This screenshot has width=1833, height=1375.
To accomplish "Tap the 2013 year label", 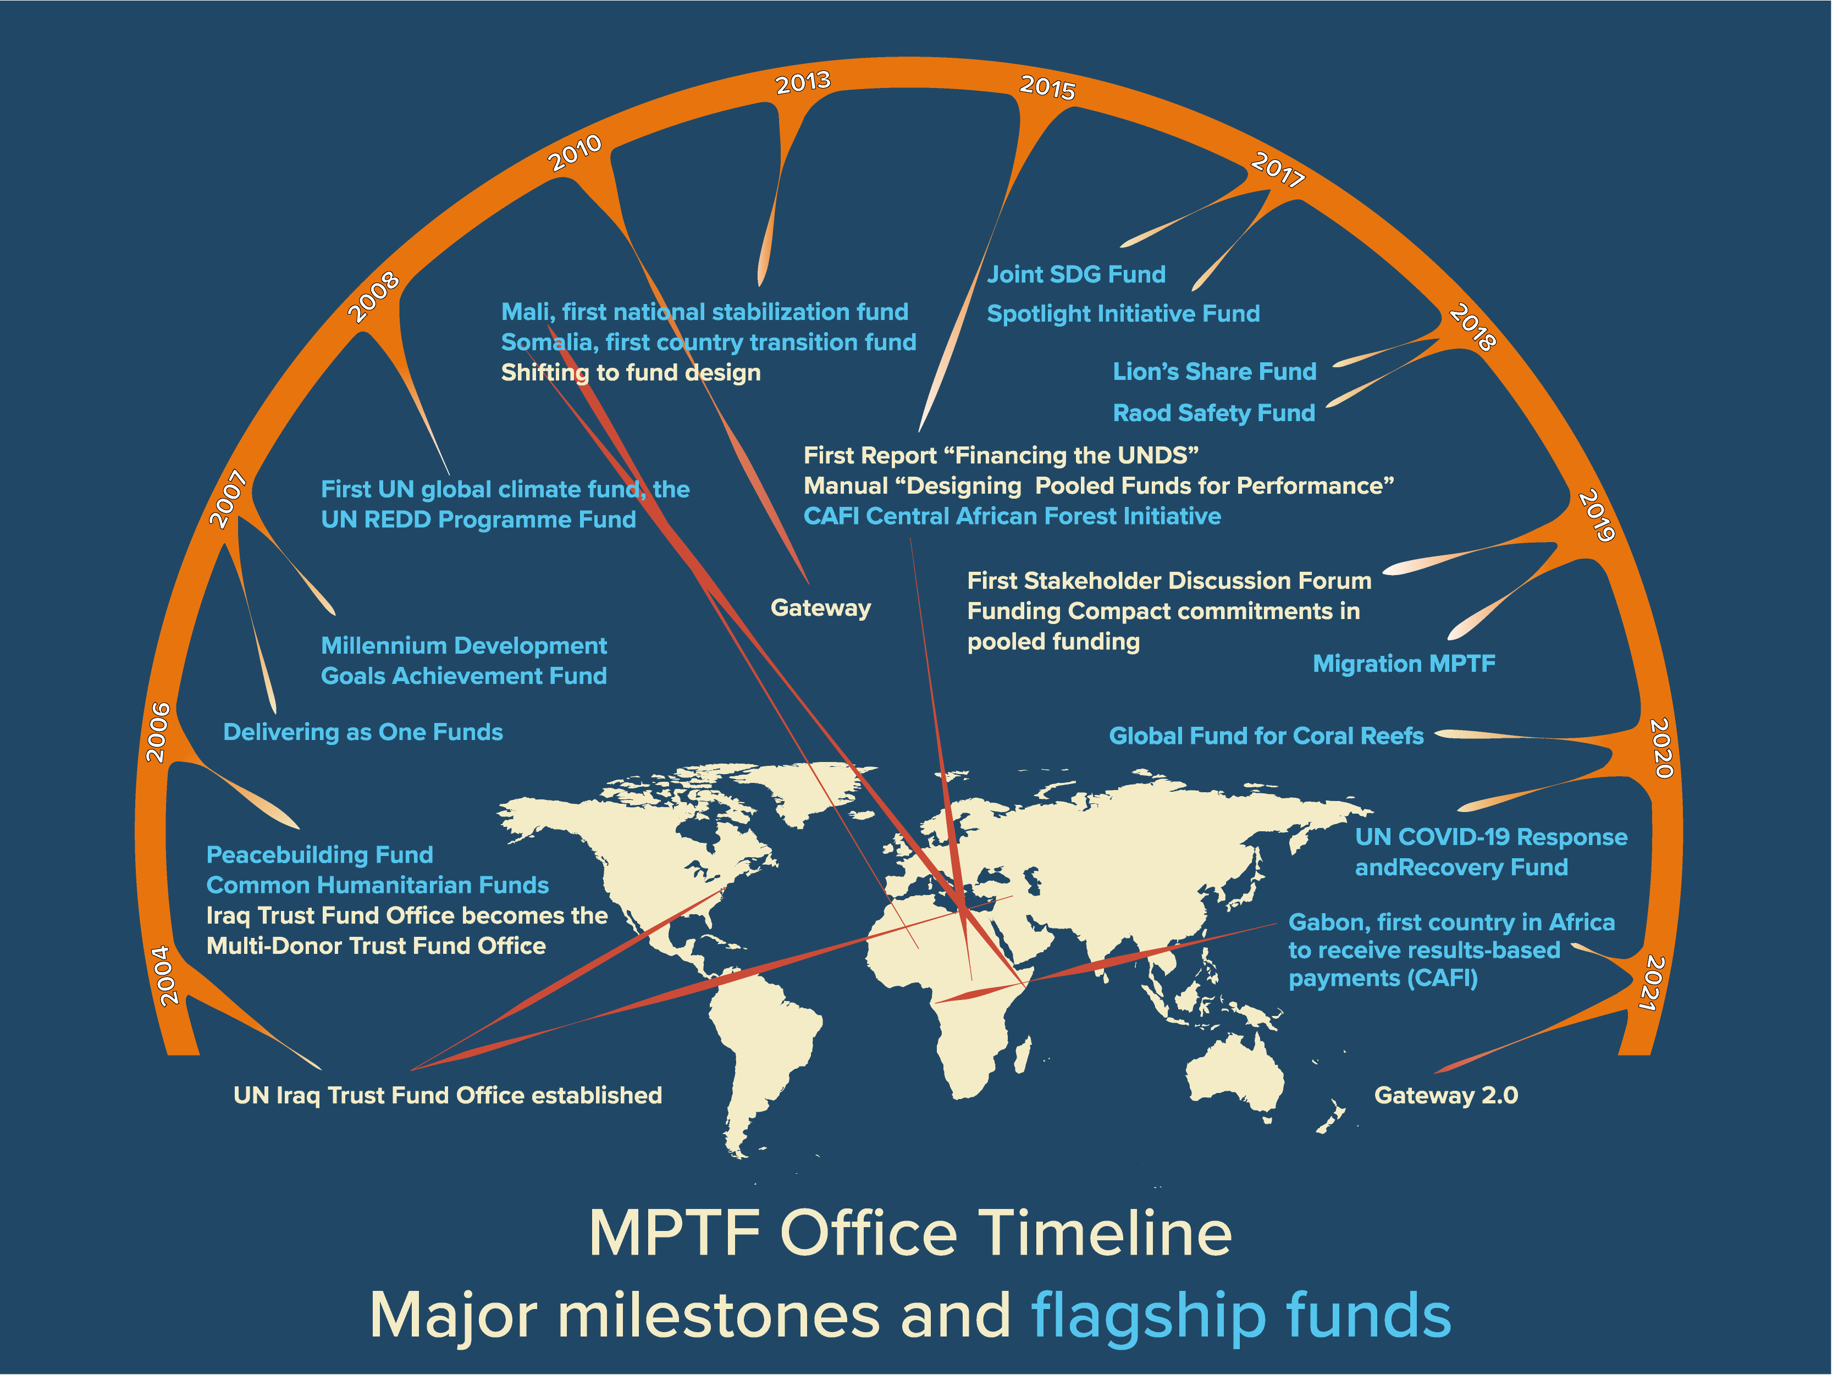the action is pos(803,82).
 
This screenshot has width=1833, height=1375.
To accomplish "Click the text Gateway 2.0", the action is pos(1446,1096).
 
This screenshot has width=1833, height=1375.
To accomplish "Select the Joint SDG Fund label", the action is pos(1076,274).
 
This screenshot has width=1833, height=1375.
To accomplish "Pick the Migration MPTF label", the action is pos(1404,664).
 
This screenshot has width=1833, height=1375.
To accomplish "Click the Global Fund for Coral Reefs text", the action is pos(1266,736).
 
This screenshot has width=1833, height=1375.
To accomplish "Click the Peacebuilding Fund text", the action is pos(320,854).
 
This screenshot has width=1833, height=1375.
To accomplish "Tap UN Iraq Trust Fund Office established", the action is pos(448,1096).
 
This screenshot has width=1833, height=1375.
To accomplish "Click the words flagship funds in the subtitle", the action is pos(1240,1315).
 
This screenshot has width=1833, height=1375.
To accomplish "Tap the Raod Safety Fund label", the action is pos(1214,413).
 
